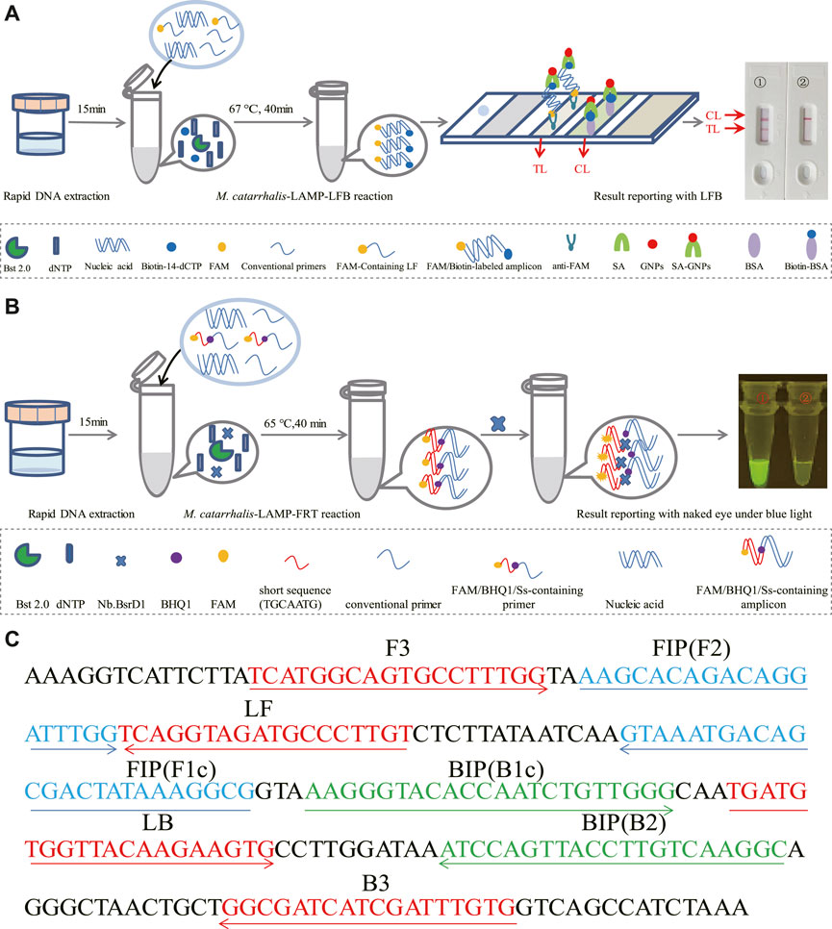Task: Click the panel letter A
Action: click(12, 13)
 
